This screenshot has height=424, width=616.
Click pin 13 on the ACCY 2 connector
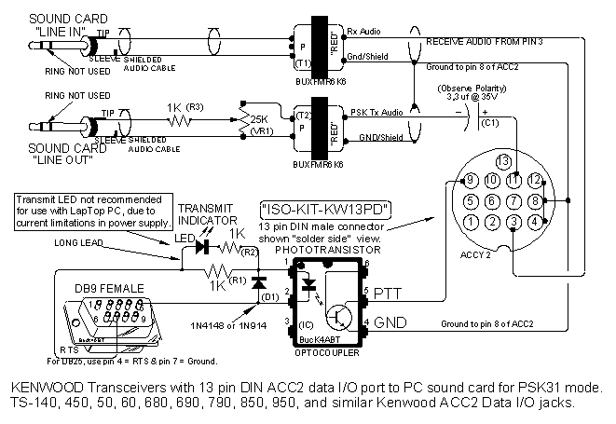coord(503,160)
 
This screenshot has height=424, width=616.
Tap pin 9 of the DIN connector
coord(472,180)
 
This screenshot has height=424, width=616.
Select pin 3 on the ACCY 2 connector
coord(513,222)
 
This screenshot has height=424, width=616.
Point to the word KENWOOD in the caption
coord(38,387)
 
